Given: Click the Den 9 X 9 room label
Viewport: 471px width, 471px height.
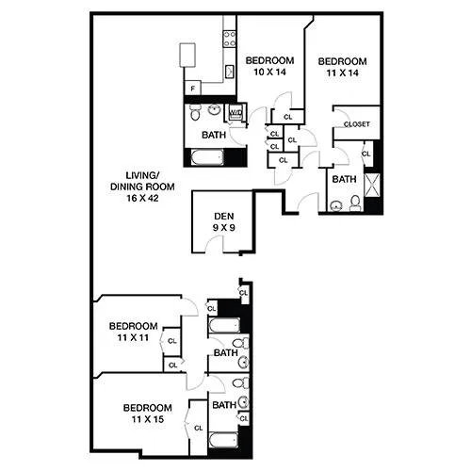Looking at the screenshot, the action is tap(224, 221).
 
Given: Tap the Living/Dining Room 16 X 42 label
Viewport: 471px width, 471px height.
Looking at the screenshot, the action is tap(142, 187).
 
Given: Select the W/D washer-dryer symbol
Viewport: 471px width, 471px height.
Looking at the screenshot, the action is tap(235, 113).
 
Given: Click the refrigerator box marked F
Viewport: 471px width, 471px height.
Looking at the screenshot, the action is tap(193, 89).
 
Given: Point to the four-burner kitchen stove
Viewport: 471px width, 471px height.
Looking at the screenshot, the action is tap(230, 39).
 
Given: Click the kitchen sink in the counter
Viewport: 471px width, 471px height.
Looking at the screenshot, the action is tap(230, 72).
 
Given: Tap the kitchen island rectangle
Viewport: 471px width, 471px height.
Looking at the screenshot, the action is tap(187, 55).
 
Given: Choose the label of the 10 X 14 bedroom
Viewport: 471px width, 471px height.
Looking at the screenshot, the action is tap(269, 66).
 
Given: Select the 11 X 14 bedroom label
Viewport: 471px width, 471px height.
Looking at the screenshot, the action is tap(342, 67).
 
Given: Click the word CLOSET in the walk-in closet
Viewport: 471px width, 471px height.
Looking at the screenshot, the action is tap(357, 124).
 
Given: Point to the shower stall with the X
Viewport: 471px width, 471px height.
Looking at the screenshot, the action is tap(372, 186).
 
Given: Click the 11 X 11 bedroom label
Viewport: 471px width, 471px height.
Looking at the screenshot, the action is tap(133, 332).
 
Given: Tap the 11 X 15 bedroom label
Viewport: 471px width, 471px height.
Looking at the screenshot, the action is tap(148, 414).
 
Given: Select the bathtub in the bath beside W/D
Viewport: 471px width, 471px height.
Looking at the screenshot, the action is tap(207, 157).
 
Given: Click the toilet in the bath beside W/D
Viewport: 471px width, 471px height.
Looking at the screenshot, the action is tap(195, 112).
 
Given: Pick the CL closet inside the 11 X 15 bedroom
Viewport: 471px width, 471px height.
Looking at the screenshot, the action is tap(199, 428).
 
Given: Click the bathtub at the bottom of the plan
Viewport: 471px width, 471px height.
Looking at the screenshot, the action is tap(223, 440).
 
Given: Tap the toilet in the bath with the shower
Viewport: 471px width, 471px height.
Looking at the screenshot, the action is tap(355, 203).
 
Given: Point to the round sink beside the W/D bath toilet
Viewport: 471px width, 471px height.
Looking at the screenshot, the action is tap(215, 110).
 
